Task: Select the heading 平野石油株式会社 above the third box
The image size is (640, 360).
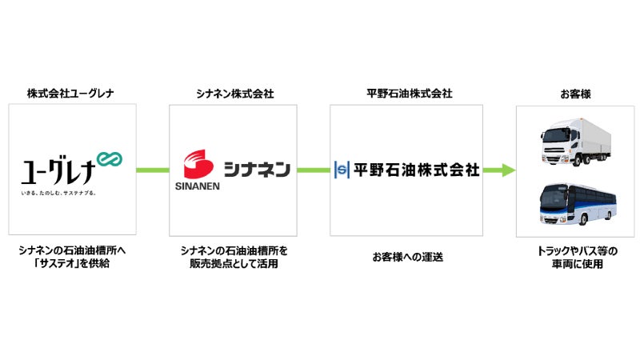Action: [404, 94]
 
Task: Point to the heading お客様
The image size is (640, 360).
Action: [570, 94]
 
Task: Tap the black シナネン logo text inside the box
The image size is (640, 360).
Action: [256, 170]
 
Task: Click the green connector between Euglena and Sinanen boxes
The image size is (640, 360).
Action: [152, 170]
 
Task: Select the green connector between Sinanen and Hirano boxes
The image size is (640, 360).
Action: [313, 170]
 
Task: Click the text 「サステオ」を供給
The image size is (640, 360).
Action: [72, 263]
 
